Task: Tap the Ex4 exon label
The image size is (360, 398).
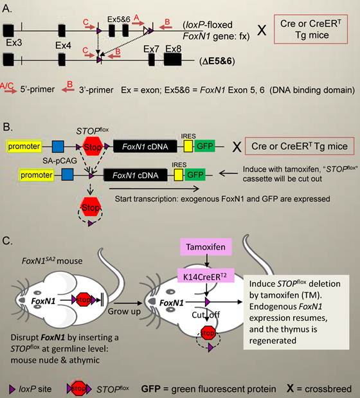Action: (64, 46)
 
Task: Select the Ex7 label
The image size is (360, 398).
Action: (151, 50)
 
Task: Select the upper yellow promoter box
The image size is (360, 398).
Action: (25, 146)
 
